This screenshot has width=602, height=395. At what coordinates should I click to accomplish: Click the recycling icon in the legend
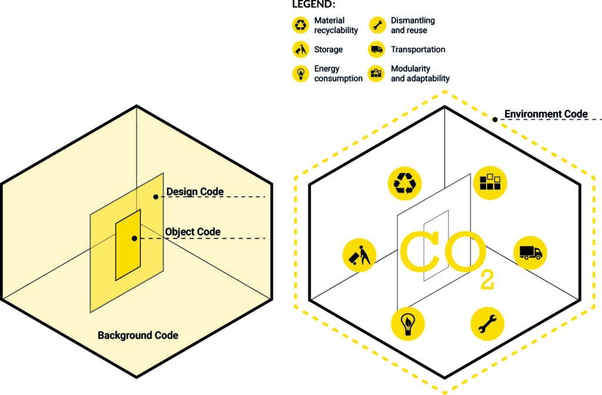click(300, 25)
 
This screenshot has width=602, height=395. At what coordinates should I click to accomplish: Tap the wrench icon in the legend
click(377, 25)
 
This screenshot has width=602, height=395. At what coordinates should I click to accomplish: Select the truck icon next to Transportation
click(377, 49)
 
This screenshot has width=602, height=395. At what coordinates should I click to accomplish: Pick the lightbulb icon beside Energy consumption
click(300, 73)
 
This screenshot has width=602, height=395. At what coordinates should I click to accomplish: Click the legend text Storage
click(328, 49)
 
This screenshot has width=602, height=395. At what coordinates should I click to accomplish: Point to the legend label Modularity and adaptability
click(420, 74)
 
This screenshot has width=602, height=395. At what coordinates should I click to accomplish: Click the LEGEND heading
click(313, 5)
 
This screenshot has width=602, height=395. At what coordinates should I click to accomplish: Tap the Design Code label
click(195, 191)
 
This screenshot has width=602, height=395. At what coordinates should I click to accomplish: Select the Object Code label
click(193, 232)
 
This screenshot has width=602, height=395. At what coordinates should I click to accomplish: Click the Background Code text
click(138, 336)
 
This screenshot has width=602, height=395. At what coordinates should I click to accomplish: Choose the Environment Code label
click(546, 114)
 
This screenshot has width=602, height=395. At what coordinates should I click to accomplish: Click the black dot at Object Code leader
click(135, 238)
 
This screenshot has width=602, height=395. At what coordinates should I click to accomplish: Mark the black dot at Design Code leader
click(155, 197)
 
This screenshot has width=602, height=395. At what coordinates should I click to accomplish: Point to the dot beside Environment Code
click(495, 120)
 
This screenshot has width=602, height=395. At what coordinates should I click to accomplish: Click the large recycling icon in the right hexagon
click(404, 183)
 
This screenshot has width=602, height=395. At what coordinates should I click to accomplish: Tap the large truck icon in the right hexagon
click(530, 253)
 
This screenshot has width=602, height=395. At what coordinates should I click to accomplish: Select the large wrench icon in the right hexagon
click(487, 324)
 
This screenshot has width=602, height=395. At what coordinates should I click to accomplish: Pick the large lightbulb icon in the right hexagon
click(408, 324)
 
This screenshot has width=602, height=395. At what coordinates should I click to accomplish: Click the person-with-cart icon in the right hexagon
click(359, 255)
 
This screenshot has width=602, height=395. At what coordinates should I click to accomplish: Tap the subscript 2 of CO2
click(487, 280)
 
